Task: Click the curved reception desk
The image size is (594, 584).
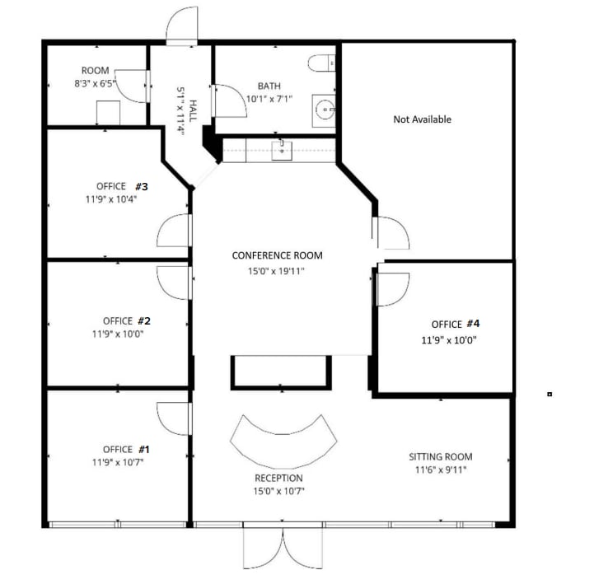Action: pyautogui.click(x=283, y=444)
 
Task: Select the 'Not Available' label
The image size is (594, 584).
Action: pyautogui.click(x=422, y=119)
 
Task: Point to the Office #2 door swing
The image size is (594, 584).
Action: pyautogui.click(x=175, y=282)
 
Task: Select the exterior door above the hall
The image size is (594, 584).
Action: pyautogui.click(x=182, y=27)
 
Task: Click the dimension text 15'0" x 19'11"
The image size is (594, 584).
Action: pyautogui.click(x=277, y=271)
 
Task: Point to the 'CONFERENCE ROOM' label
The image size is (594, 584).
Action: pyautogui.click(x=277, y=255)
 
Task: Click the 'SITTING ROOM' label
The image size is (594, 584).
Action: pyautogui.click(x=441, y=456)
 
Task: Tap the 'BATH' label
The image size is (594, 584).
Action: pyautogui.click(x=269, y=86)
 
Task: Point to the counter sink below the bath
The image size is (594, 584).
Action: pyautogui.click(x=282, y=149)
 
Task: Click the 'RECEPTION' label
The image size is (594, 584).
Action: pyautogui.click(x=278, y=478)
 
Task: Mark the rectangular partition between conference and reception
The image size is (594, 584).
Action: pyautogui.click(x=281, y=371)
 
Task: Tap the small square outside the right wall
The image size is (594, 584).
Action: pyautogui.click(x=550, y=395)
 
